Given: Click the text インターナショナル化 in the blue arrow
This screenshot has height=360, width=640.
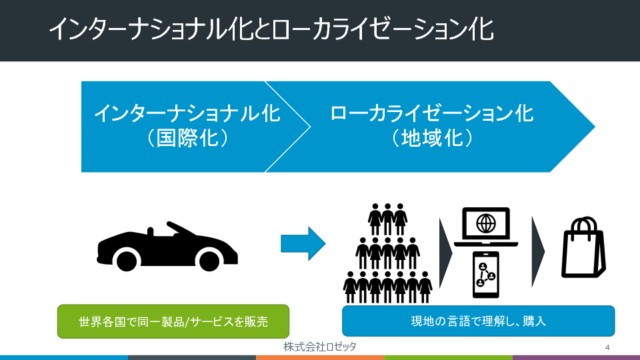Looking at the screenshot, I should click(x=187, y=113).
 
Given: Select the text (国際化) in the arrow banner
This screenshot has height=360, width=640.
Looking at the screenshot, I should click(x=187, y=138).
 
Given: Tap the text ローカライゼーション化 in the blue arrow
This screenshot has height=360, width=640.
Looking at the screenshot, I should click(x=432, y=113).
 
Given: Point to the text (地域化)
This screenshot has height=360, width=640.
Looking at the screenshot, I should click(x=432, y=138).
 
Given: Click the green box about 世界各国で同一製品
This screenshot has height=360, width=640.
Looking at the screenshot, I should click(x=173, y=321).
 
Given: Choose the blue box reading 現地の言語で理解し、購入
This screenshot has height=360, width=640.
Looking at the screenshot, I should click(x=478, y=321).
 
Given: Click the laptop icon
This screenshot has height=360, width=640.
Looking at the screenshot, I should click(x=486, y=227).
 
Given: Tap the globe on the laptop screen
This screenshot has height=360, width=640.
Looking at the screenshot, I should click(x=486, y=221).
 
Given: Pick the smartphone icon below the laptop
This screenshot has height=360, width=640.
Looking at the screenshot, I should click(x=486, y=274).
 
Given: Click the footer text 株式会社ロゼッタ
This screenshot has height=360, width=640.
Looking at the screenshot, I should click(x=319, y=347).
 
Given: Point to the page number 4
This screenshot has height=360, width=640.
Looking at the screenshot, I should click(x=607, y=347).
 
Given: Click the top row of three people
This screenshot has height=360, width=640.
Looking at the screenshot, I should click(x=387, y=215).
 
